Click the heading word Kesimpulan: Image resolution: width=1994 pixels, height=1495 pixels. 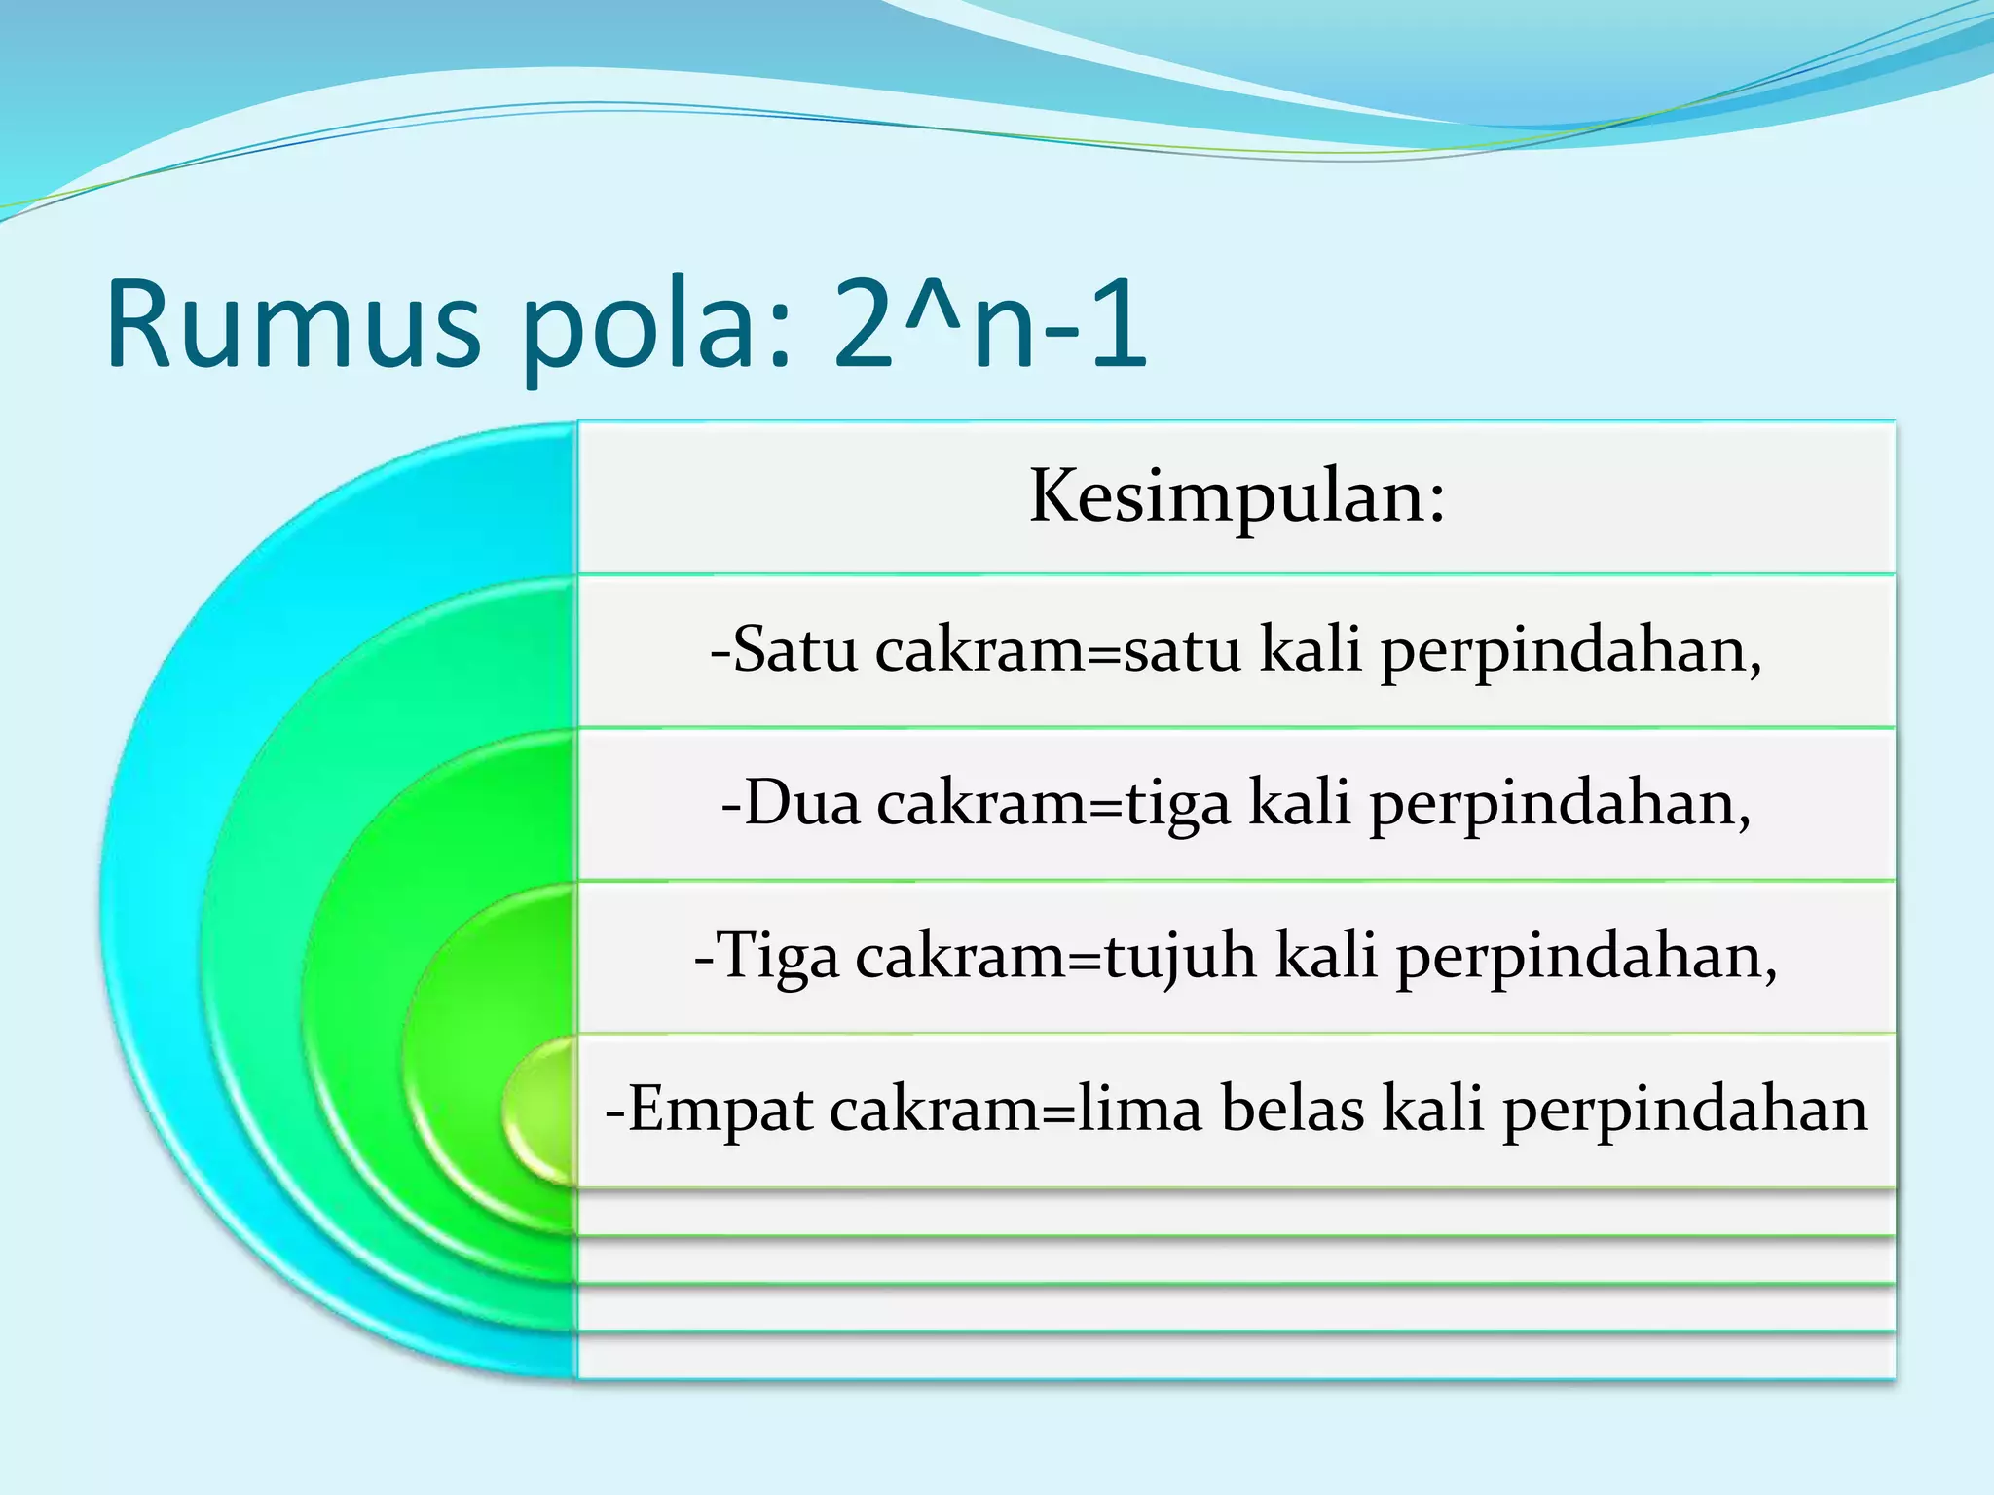tap(1237, 496)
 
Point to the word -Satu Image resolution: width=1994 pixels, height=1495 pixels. tap(784, 649)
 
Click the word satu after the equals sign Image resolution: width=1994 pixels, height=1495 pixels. tap(1182, 649)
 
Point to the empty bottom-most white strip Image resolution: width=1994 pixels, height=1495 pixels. tap(1237, 1357)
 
